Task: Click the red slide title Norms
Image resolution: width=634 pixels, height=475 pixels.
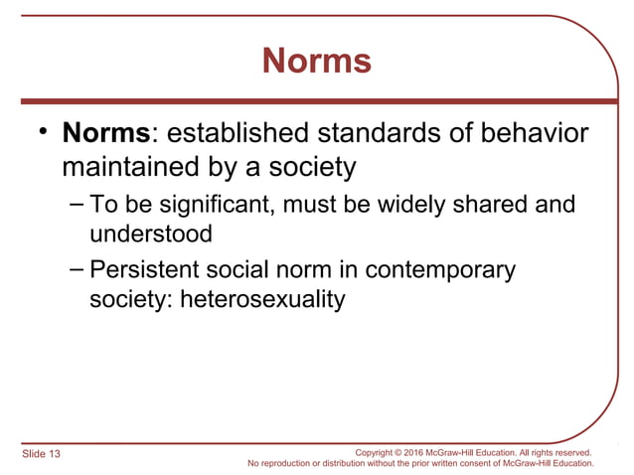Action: tap(317, 62)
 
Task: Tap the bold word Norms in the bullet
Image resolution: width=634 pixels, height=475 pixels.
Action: tap(104, 132)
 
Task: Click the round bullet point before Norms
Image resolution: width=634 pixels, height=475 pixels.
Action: tap(42, 133)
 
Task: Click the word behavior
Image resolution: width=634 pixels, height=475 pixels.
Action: tap(537, 132)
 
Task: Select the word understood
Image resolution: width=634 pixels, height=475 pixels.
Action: tap(151, 235)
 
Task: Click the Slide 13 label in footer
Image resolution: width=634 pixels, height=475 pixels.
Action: tap(41, 454)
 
